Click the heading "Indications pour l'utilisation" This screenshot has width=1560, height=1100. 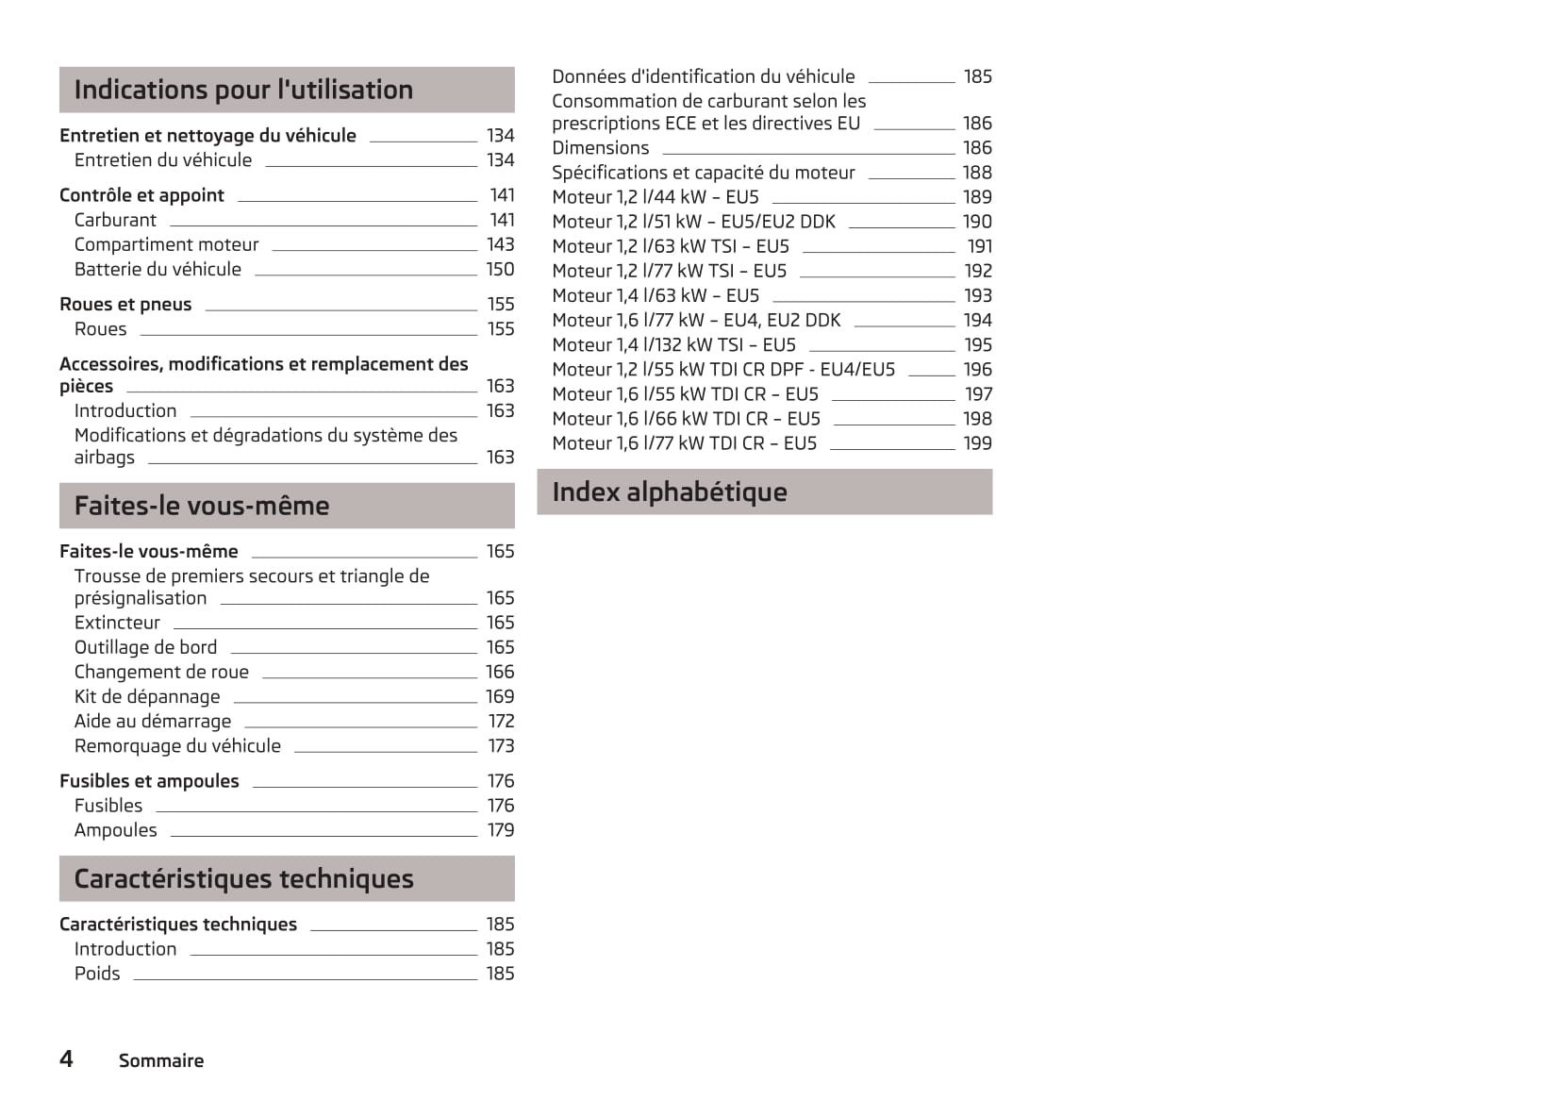point(243,90)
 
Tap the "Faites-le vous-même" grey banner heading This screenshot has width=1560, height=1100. point(202,506)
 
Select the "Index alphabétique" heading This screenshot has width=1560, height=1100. point(669,492)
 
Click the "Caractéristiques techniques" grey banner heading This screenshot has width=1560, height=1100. point(243,878)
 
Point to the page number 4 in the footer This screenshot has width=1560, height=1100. point(66,1058)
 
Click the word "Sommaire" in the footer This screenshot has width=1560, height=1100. point(161,1060)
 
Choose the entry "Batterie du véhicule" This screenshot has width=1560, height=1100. point(158,269)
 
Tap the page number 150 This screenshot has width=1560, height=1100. point(500,269)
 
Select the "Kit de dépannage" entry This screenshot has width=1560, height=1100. point(147,696)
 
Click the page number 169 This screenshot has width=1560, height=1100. point(500,696)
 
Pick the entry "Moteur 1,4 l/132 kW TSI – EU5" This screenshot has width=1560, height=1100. point(673,344)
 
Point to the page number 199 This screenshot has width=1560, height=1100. point(977,442)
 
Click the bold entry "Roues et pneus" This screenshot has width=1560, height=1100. point(125,304)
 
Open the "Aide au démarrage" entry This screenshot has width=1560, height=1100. point(153,721)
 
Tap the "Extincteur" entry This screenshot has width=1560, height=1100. point(117,623)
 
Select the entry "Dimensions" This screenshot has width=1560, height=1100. point(600,147)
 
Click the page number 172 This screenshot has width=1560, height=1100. point(501,721)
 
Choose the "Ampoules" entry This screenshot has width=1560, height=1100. point(116,830)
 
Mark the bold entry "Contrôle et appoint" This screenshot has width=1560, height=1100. point(141,195)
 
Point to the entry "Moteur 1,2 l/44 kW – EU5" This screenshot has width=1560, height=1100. point(656,196)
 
